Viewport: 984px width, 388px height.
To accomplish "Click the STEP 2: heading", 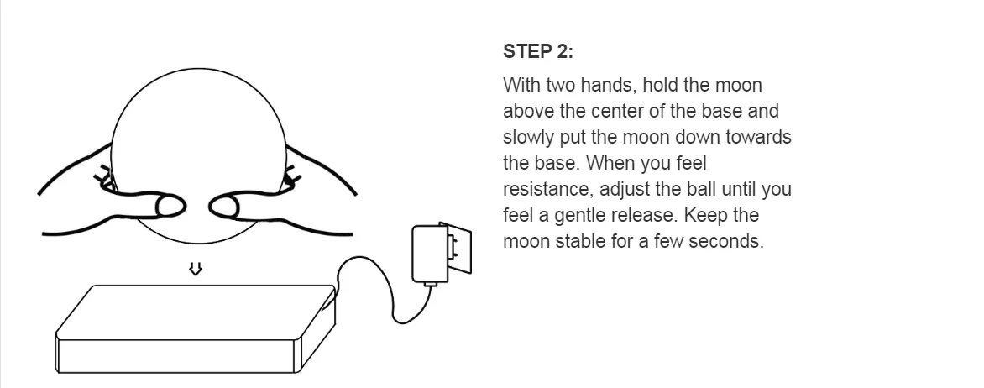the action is point(538,51).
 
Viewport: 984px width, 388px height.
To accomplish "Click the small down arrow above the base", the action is point(196,270).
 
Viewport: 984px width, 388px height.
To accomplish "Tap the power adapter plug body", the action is point(430,254).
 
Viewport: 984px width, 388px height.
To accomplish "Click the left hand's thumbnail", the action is point(170,205).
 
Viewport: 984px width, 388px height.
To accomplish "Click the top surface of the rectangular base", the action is point(196,312).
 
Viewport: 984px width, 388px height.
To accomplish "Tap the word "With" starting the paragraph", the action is point(521,86).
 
